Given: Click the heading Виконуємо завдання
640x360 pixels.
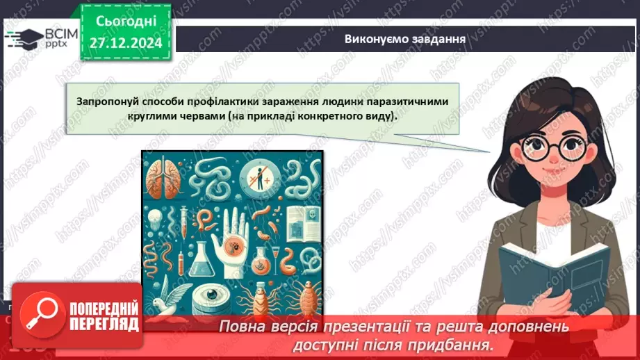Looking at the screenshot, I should (404, 38).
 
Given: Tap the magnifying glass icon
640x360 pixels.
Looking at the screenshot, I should (38, 317).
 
